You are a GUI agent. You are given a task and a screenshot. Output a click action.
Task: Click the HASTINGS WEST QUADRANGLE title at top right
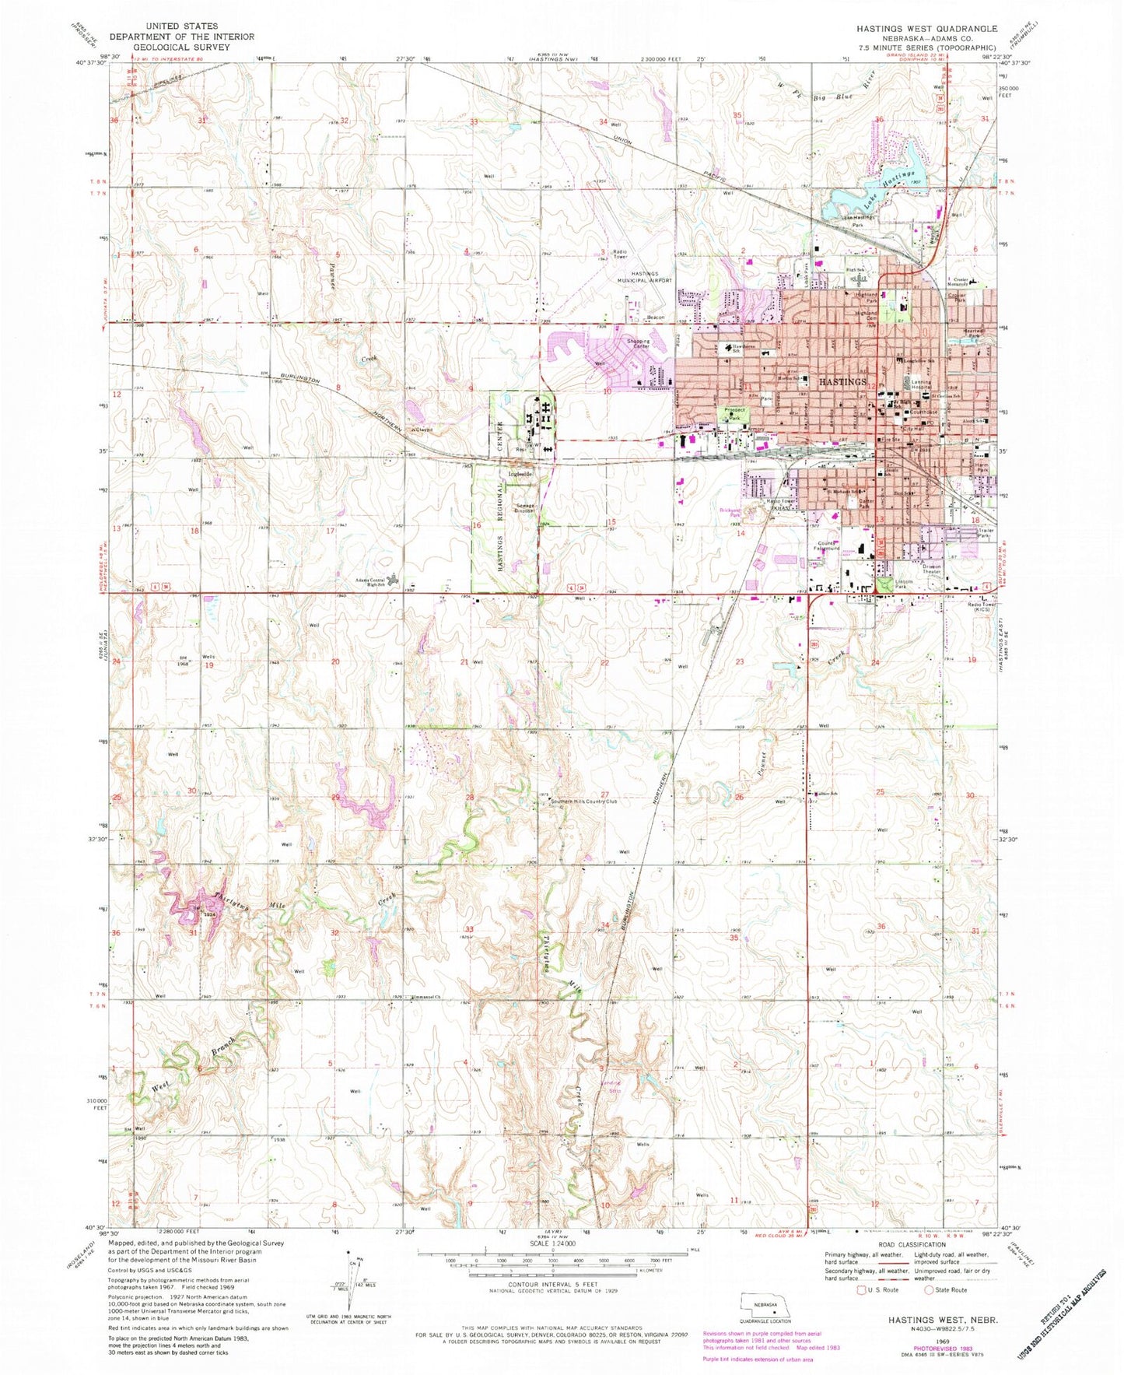coord(926,29)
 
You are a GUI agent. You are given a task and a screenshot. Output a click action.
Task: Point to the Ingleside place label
coord(520,474)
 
